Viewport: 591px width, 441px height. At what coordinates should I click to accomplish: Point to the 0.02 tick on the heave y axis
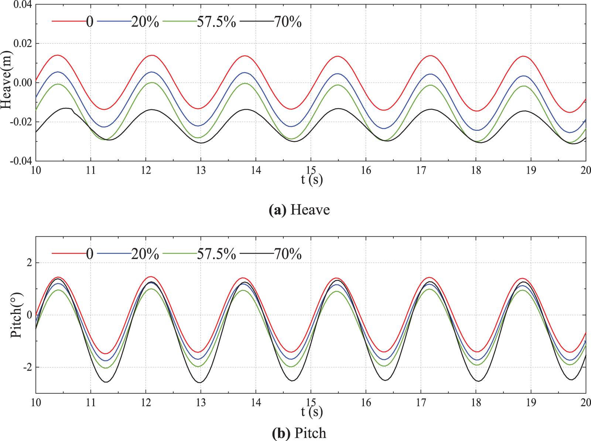click(x=23, y=44)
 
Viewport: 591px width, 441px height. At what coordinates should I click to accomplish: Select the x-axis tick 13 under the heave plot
click(x=201, y=170)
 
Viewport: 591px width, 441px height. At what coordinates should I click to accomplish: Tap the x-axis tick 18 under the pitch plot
click(x=476, y=402)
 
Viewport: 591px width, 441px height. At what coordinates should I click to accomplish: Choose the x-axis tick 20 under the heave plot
click(x=586, y=170)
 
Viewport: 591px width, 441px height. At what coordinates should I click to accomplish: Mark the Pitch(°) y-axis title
click(x=17, y=315)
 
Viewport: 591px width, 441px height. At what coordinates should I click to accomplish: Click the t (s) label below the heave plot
click(x=312, y=180)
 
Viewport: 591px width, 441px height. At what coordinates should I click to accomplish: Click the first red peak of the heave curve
click(x=58, y=55)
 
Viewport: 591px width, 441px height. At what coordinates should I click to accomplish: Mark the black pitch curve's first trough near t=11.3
click(x=106, y=382)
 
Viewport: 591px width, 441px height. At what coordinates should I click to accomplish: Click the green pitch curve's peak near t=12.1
click(x=151, y=289)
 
